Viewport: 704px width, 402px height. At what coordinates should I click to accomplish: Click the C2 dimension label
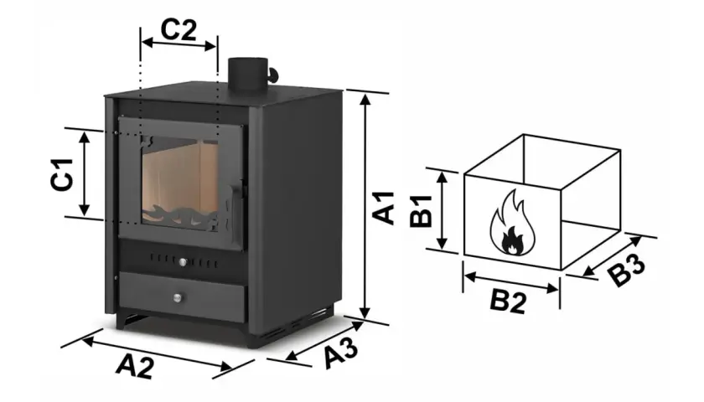coord(179,30)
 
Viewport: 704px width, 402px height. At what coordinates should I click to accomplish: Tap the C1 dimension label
coord(62,174)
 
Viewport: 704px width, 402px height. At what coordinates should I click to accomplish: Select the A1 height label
coord(384,208)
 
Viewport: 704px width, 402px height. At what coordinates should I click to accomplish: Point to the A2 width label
coord(135,366)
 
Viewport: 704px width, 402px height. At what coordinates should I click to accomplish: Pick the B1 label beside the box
coord(422,211)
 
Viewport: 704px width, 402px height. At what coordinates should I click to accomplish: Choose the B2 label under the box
coord(508,301)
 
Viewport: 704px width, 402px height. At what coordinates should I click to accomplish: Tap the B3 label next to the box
coord(628,270)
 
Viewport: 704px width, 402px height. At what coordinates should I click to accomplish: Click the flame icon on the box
coord(513,223)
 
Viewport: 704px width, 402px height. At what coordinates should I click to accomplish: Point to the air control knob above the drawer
coord(183,262)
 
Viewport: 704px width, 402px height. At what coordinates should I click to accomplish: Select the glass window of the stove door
coord(180,183)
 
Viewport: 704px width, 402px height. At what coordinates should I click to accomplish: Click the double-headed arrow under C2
coord(179,44)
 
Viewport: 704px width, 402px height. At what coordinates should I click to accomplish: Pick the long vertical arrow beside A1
coord(366,206)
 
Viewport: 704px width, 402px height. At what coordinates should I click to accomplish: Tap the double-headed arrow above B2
coord(511,283)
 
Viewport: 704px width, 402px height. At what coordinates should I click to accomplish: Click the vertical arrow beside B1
coord(443,210)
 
